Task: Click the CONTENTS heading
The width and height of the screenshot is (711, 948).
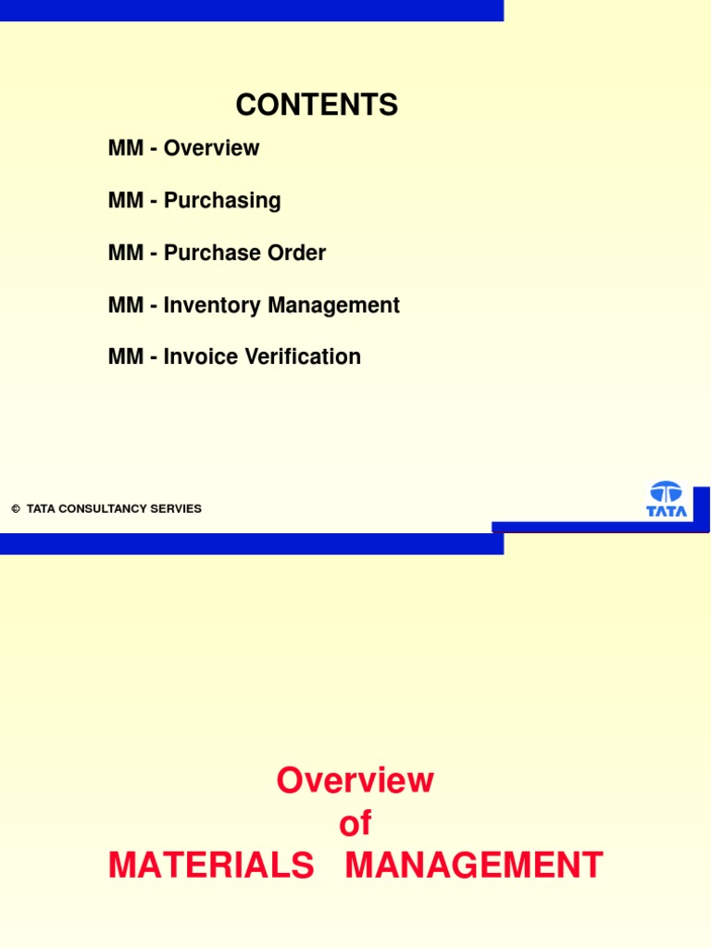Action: tap(317, 106)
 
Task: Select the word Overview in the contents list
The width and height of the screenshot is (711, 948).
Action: tap(211, 148)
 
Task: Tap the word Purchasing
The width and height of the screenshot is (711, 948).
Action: tap(222, 201)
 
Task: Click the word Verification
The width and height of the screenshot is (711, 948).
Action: tap(302, 356)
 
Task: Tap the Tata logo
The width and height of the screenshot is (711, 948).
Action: tap(666, 499)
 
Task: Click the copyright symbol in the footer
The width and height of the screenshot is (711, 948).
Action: tap(16, 509)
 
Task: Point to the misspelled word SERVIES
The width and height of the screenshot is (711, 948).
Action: tap(180, 509)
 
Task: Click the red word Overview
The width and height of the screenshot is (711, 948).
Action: tap(355, 780)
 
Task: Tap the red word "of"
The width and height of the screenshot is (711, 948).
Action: tap(355, 823)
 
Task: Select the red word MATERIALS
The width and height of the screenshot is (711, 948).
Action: tap(211, 866)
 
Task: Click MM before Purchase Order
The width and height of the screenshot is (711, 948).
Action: tap(125, 253)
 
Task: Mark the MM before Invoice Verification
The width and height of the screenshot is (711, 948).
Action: tap(125, 356)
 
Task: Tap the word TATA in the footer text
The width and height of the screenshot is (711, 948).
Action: tap(41, 509)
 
